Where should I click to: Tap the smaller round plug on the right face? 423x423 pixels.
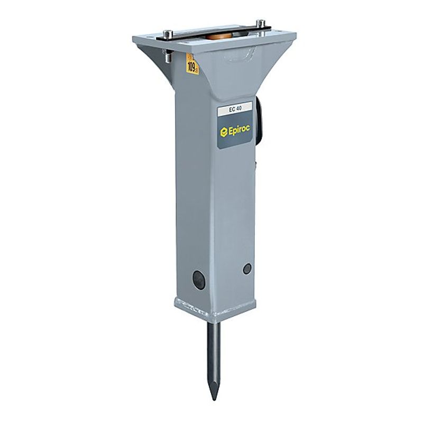point(246,268)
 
